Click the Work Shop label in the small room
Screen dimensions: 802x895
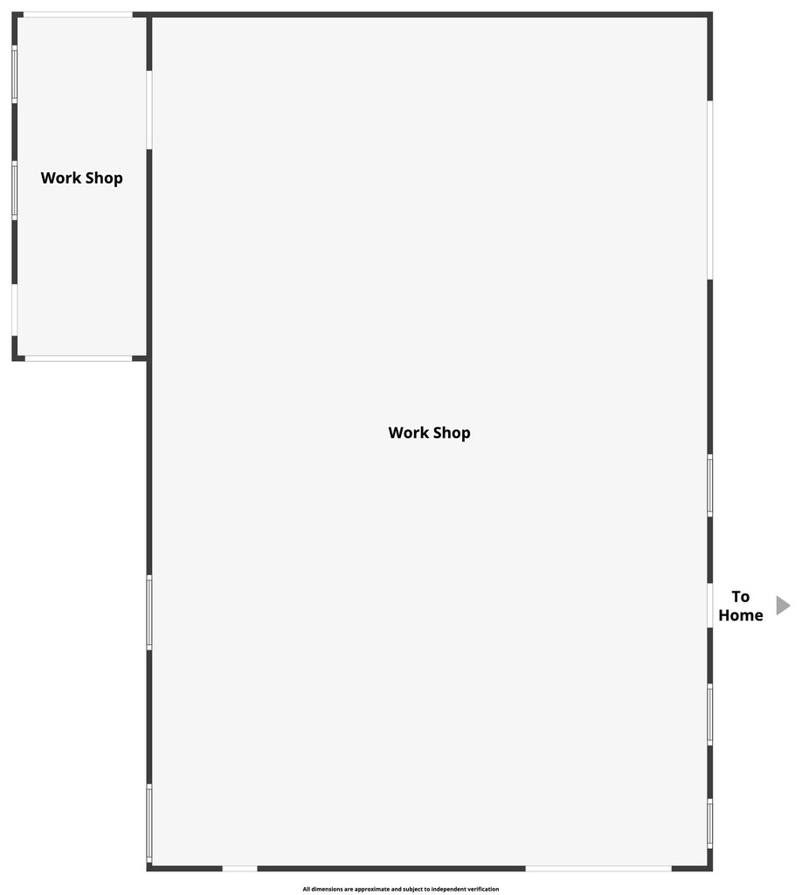81,178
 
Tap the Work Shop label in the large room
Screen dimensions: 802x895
430,433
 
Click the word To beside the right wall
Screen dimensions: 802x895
740,596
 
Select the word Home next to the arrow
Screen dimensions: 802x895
740,614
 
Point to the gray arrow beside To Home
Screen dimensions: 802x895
783,606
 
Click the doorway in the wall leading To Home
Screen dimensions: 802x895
710,606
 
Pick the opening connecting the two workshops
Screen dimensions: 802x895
149,110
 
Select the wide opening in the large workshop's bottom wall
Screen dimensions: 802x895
598,868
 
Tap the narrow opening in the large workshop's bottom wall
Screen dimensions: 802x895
239,868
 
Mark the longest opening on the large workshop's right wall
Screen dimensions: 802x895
710,190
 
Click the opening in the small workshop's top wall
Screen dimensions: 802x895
78,15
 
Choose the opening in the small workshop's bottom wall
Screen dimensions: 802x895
79,358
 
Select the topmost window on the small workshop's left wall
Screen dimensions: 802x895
15,74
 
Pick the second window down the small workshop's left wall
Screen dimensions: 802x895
15,191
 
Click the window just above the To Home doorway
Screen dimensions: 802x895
710,486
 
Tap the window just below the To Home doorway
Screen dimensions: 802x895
710,715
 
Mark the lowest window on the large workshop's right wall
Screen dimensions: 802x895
710,823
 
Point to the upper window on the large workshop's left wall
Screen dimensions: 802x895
149,613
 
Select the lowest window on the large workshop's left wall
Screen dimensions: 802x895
149,822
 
